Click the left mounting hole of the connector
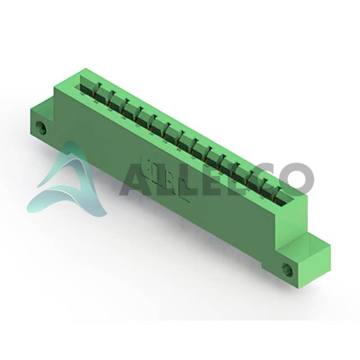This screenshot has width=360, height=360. coord(41,128)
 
